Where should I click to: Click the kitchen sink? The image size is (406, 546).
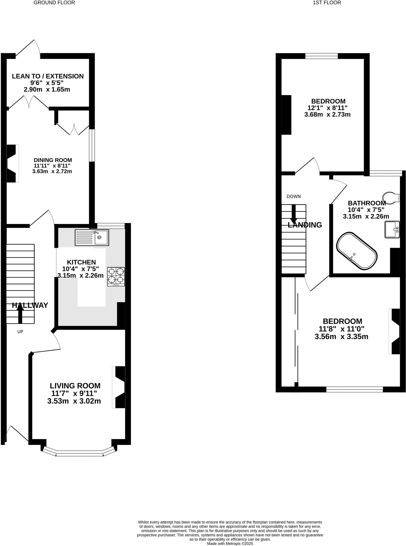(92, 237)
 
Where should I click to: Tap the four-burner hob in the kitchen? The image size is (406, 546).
(116, 276)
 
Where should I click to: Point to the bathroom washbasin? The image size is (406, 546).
(392, 229)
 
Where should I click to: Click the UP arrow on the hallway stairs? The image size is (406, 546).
(20, 314)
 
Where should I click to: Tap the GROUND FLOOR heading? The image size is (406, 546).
(54, 3)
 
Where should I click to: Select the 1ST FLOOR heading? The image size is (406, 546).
(327, 3)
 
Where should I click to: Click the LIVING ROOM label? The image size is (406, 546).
(75, 386)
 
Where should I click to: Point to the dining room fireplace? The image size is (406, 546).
(12, 163)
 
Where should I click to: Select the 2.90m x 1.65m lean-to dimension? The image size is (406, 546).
(47, 89)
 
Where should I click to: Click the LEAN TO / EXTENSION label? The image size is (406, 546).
(48, 76)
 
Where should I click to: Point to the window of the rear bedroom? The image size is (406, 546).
(321, 56)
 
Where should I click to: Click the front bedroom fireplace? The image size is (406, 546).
(395, 331)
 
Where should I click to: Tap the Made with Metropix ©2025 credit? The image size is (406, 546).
(230, 543)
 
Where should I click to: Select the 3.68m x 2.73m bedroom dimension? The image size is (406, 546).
(327, 115)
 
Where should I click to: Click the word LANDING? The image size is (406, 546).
(305, 225)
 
